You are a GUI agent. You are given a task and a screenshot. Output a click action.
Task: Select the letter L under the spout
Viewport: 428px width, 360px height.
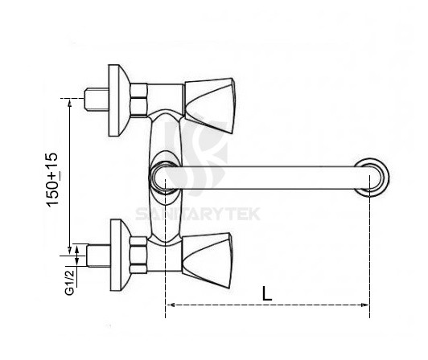click(x=267, y=292)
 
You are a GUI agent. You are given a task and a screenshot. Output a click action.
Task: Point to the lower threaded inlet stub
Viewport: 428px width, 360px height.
click(x=97, y=257)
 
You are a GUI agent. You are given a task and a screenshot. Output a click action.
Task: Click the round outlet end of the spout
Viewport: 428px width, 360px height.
click(x=372, y=176)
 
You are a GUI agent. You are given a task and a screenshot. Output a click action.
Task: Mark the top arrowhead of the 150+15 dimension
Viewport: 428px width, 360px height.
click(x=72, y=103)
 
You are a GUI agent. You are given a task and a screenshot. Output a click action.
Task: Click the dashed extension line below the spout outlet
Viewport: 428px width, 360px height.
click(x=370, y=249)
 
